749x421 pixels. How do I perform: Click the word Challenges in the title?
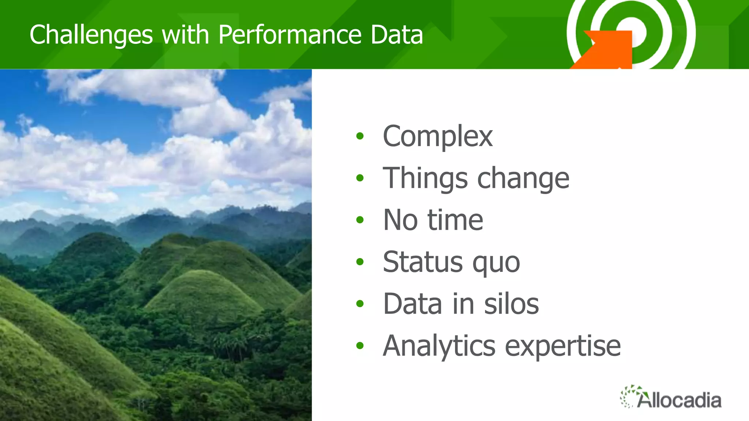pos(91,35)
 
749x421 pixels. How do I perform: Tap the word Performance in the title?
pos(290,35)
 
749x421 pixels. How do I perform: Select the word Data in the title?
pos(396,35)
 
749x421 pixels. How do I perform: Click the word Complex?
pos(437,136)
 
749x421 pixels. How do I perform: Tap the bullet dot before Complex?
pos(360,136)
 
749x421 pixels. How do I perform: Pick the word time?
pos(455,220)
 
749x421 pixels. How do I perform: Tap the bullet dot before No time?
pos(360,220)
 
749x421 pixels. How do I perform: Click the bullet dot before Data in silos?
pos(360,304)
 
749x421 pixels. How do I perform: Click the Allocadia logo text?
pos(680,400)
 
